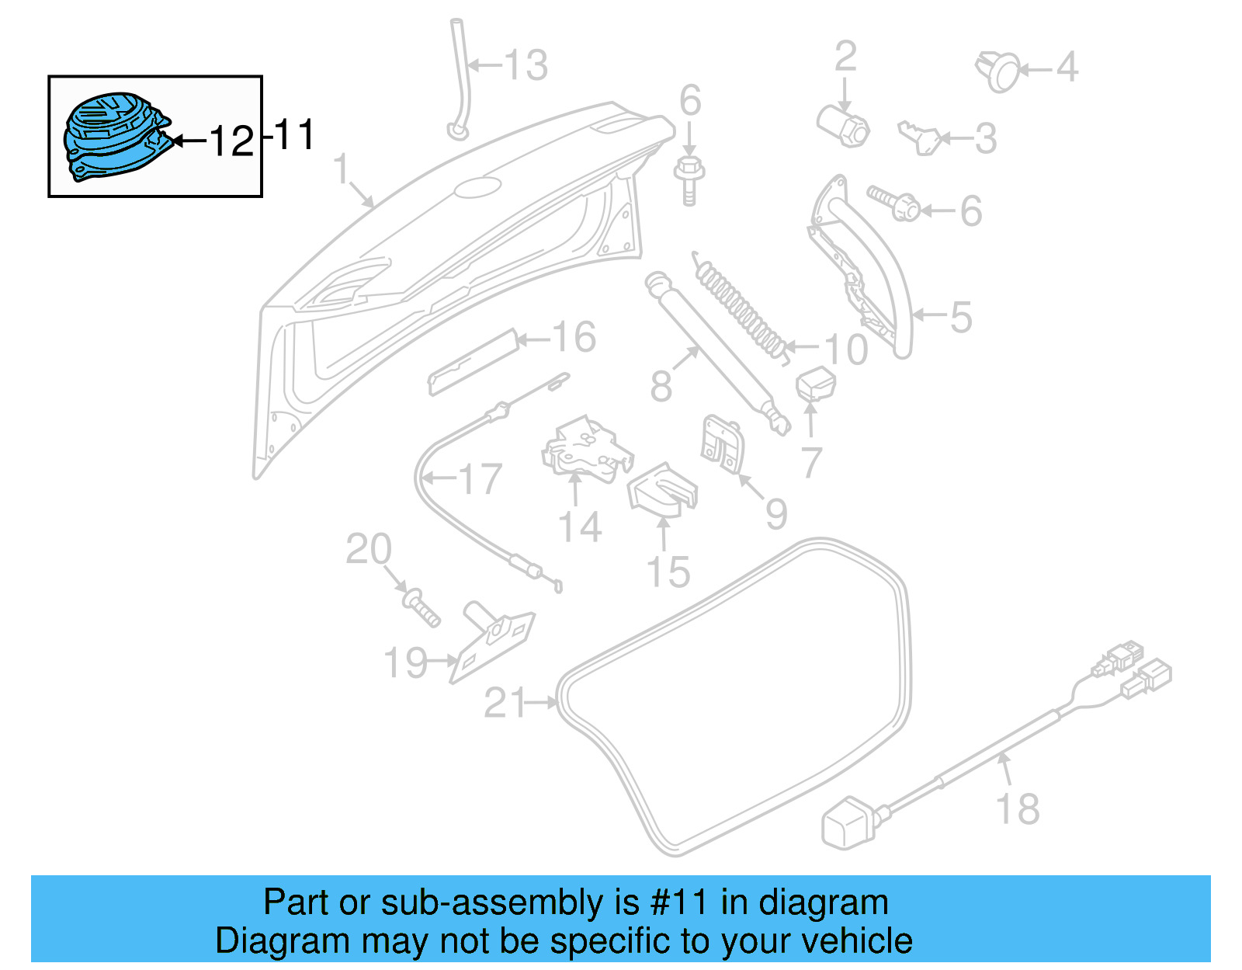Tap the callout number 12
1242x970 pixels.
coord(231,141)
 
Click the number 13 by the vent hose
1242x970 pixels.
coord(527,65)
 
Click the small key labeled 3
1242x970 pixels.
coord(921,137)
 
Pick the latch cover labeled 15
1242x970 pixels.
coord(662,490)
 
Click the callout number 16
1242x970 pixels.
coord(574,338)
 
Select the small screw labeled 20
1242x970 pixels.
coord(422,607)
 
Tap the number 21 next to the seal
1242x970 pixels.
coord(505,704)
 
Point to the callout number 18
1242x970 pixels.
coord(1018,808)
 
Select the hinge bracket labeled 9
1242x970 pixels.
coord(722,445)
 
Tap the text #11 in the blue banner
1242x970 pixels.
coord(679,903)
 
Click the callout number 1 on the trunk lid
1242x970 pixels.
coord(342,169)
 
